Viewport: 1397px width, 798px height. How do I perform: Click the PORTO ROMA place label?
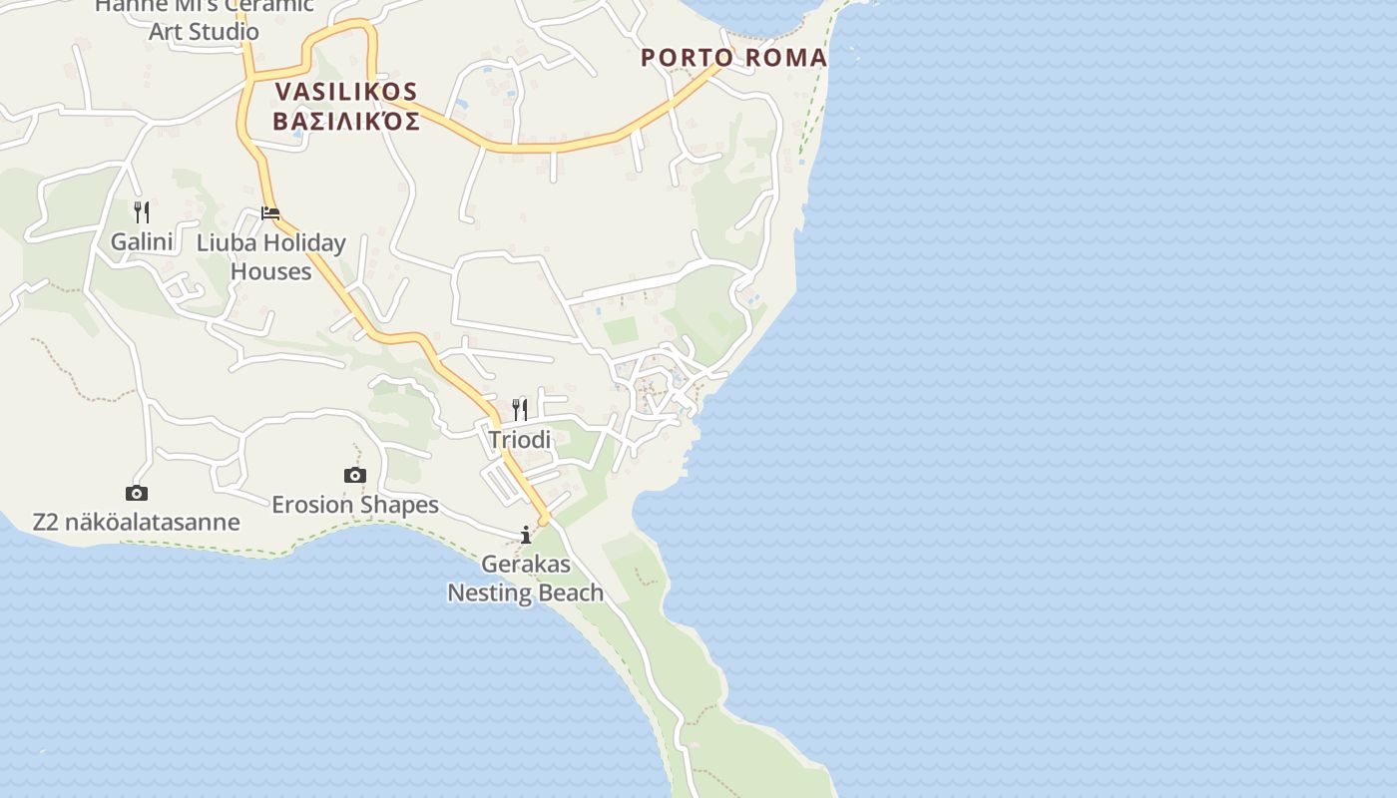(x=733, y=58)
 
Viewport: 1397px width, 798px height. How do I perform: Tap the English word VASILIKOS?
(x=345, y=92)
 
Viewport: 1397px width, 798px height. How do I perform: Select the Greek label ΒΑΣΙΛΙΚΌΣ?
(x=345, y=122)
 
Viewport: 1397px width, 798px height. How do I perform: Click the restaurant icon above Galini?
(x=142, y=211)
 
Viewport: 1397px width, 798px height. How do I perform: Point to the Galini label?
(x=142, y=241)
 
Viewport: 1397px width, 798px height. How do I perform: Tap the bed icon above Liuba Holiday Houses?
(x=270, y=212)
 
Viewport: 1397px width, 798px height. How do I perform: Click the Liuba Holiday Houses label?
(x=271, y=256)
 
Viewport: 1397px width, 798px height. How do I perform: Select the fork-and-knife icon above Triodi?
(x=520, y=409)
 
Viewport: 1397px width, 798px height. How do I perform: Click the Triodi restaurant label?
(x=520, y=439)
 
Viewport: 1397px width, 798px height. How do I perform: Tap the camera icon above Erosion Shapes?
(x=355, y=475)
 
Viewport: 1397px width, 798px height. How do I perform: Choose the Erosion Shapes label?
(x=355, y=505)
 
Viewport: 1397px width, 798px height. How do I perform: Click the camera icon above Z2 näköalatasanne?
(x=137, y=493)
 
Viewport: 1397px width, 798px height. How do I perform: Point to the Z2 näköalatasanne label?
(x=137, y=522)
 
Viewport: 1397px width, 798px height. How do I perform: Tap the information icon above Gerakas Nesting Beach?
(x=526, y=536)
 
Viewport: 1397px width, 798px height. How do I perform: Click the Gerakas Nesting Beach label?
(x=526, y=579)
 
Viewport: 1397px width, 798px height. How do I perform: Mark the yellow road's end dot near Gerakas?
(x=544, y=520)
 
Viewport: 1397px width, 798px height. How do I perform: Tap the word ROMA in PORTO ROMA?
(x=787, y=58)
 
